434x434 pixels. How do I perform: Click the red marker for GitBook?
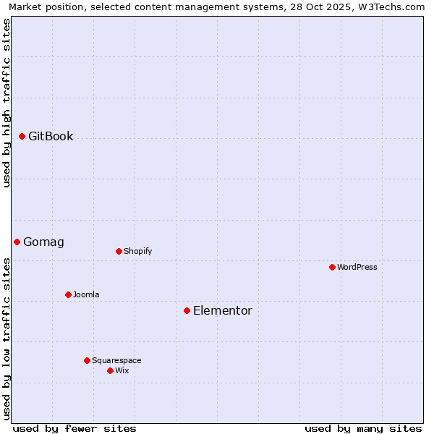[22, 136]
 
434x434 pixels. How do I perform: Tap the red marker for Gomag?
[17, 242]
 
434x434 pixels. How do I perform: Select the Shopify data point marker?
[119, 251]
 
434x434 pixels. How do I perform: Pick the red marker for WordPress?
[332, 267]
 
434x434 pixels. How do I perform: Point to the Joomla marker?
[68, 294]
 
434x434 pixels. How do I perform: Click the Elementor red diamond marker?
[187, 310]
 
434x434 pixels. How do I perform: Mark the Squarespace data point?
[87, 360]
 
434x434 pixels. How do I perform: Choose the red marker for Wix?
[110, 370]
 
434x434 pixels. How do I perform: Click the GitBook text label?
[51, 136]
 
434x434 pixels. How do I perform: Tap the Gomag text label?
[43, 242]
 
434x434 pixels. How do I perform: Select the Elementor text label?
[222, 310]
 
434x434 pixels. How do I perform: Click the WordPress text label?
[357, 267]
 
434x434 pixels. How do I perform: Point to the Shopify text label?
[137, 251]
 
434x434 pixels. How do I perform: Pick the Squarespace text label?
[116, 360]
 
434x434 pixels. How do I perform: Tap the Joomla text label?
[86, 294]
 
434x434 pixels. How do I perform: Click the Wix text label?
[122, 370]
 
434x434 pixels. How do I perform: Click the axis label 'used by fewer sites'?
[75, 428]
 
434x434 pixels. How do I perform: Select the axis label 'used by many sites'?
[363, 428]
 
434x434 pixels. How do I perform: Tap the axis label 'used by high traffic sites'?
[7, 103]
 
